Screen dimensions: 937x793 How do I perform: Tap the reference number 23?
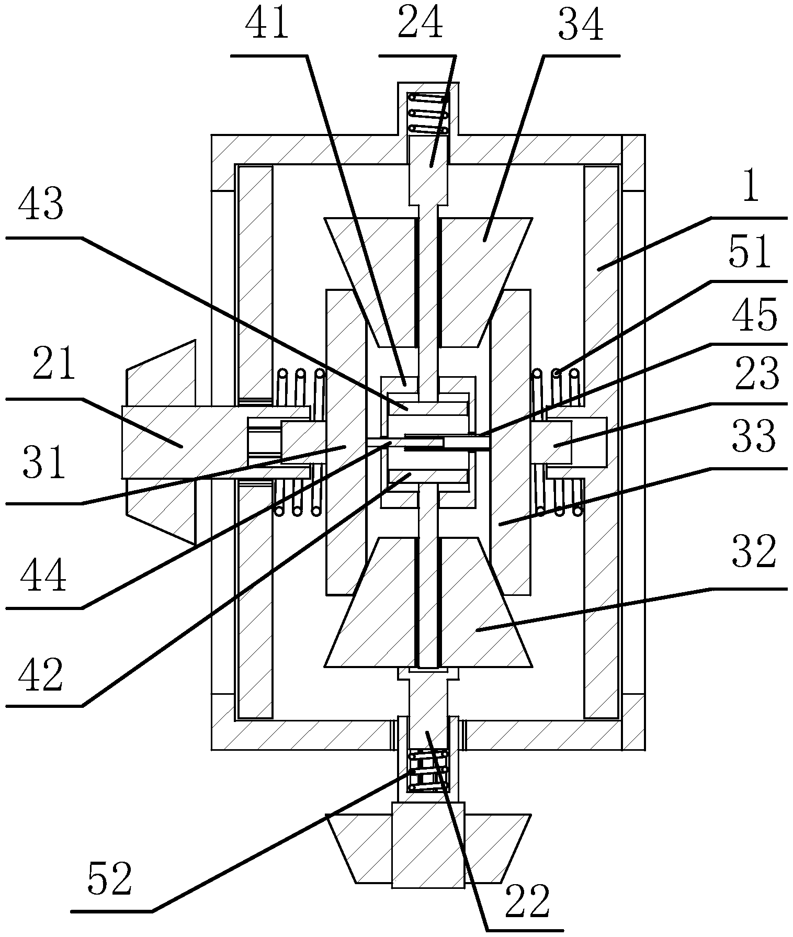pyautogui.click(x=756, y=376)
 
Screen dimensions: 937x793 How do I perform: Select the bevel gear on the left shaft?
pyautogui.click(x=160, y=442)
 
